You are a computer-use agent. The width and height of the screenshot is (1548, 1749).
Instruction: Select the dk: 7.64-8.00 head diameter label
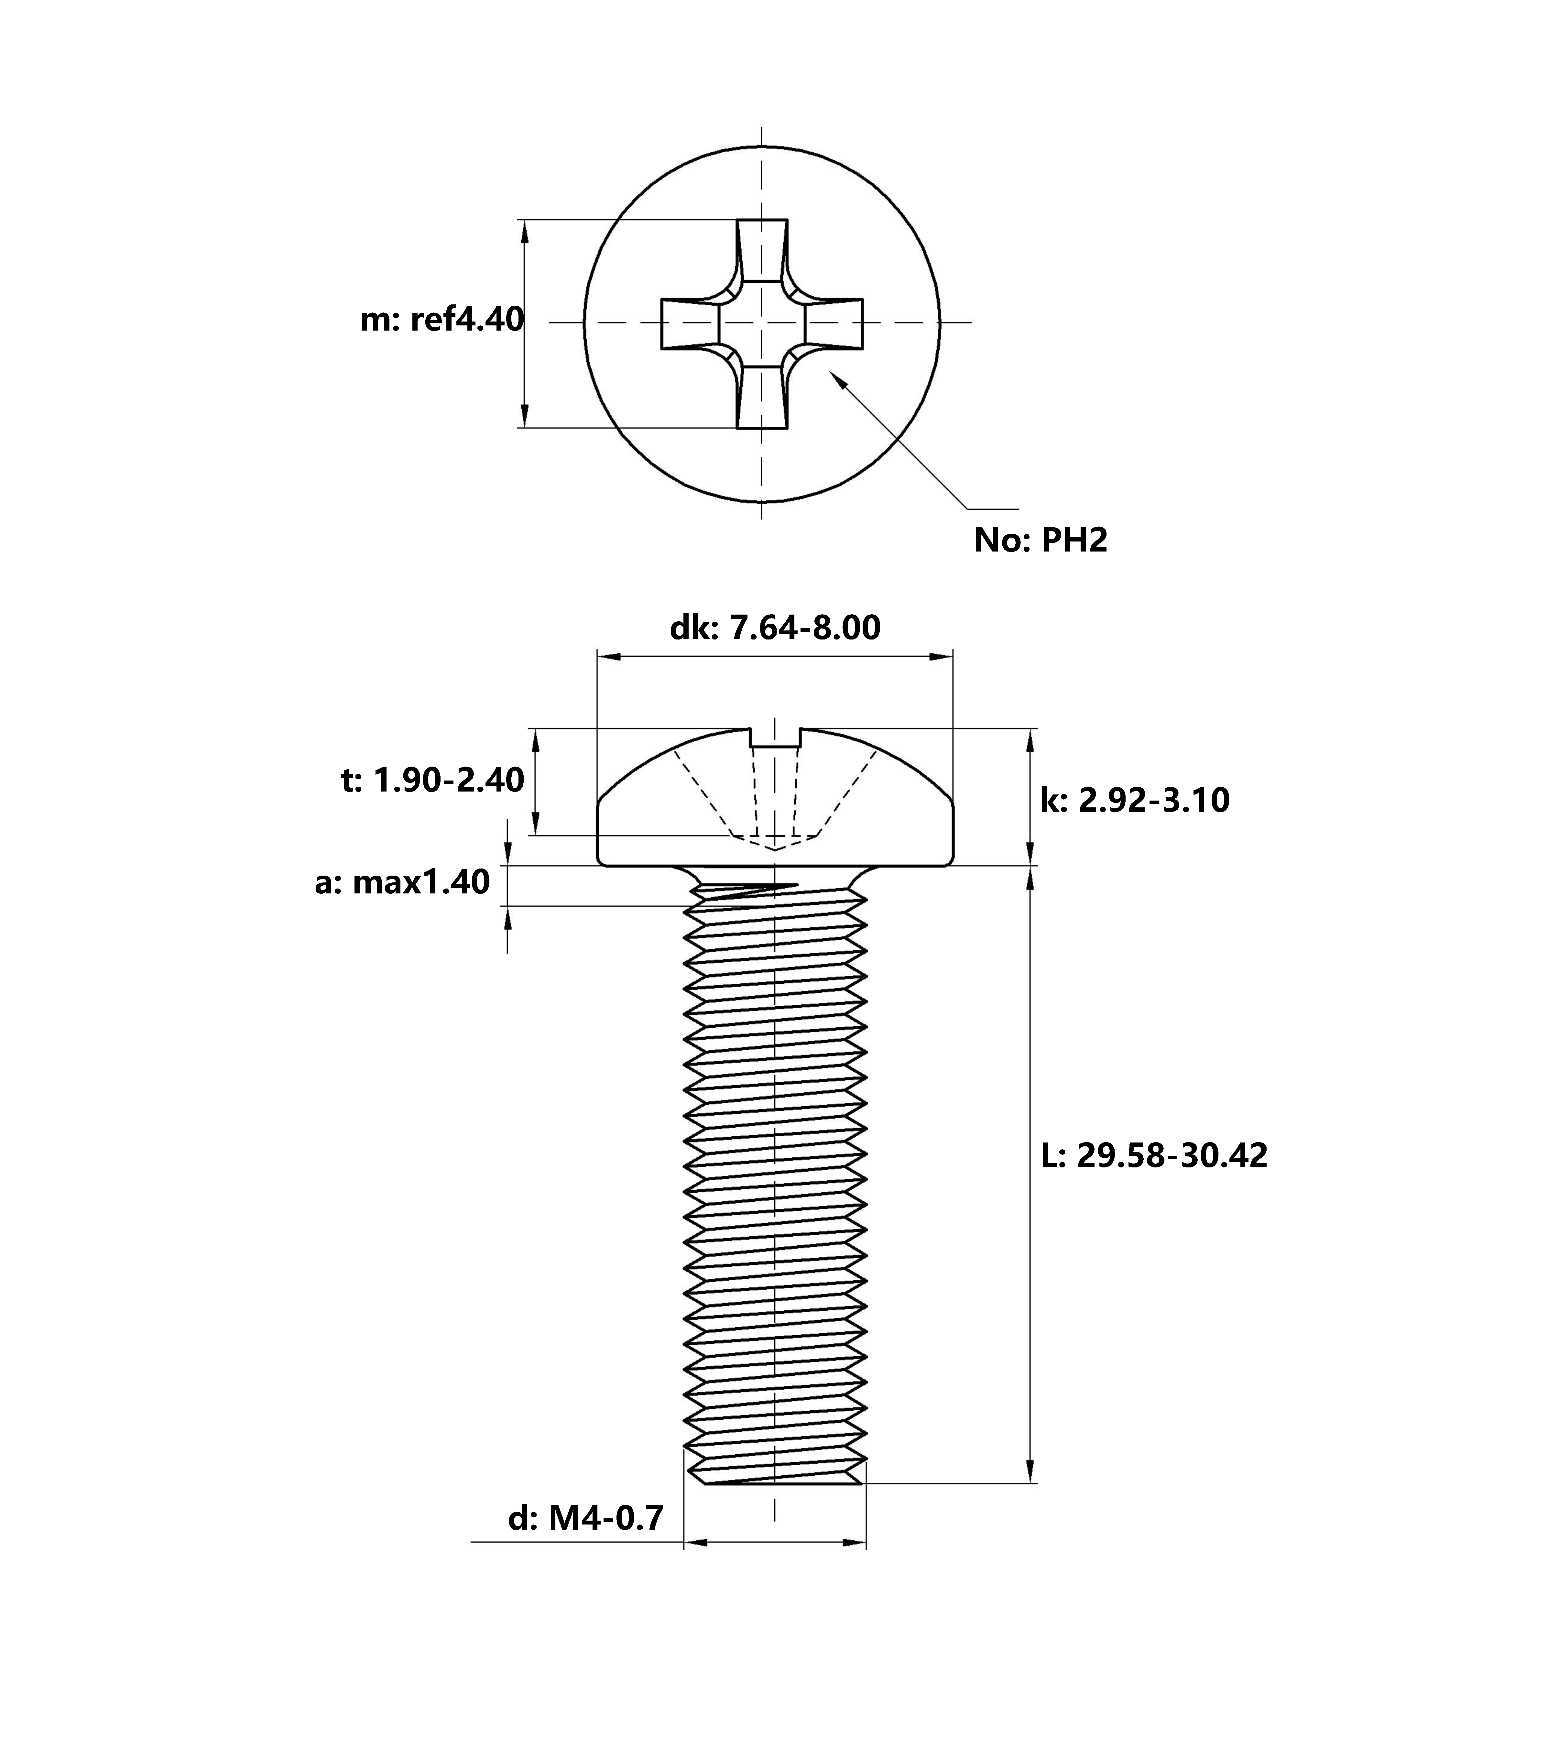click(x=774, y=628)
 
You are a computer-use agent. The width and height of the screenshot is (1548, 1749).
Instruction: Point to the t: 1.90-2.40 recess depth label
click(x=432, y=781)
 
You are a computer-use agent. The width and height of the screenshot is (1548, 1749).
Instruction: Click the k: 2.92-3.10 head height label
click(x=1135, y=800)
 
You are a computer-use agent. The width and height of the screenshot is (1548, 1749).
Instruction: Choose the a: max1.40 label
click(x=402, y=882)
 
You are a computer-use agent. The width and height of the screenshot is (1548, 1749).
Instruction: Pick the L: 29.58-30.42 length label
click(x=1153, y=1155)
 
